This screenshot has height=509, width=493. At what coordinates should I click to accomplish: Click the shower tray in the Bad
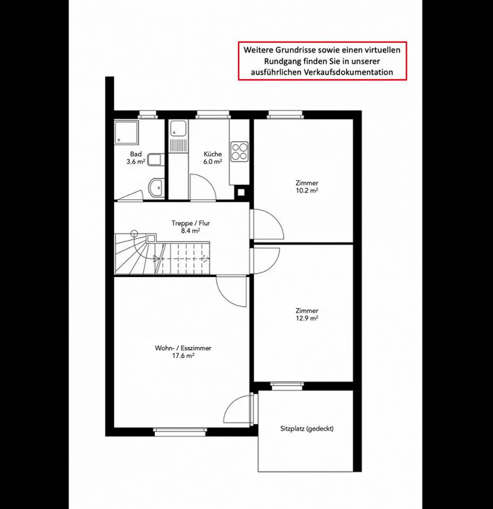pos(126,132)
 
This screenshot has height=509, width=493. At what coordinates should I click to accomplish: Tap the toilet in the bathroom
pos(156,160)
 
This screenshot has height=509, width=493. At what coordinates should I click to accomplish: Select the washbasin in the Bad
pos(156,187)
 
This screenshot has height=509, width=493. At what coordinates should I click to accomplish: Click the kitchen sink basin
pos(178,128)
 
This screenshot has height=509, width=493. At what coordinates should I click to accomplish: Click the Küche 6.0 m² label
pos(213,158)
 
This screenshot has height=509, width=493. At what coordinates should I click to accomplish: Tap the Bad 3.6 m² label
pos(136,158)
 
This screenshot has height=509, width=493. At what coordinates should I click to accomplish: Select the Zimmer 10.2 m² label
pos(307,187)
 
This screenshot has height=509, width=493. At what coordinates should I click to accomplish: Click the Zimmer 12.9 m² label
pos(307,314)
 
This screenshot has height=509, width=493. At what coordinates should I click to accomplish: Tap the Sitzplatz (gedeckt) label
pos(307,429)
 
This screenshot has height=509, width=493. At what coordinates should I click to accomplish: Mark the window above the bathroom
pos(148,114)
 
